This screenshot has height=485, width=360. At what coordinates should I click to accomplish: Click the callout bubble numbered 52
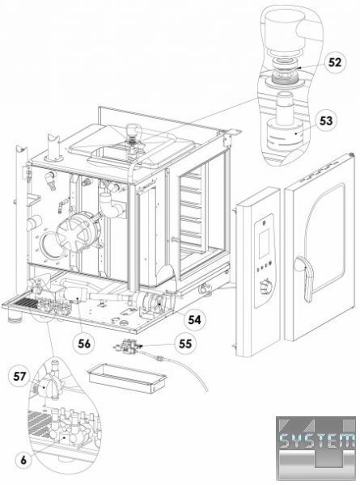tap(335, 62)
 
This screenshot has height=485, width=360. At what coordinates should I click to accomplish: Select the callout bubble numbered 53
tap(326, 120)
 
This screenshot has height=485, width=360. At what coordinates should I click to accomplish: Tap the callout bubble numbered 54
tap(194, 319)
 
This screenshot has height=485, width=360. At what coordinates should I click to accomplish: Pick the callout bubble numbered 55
tap(185, 344)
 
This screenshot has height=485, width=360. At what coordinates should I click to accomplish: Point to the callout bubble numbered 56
tap(83, 344)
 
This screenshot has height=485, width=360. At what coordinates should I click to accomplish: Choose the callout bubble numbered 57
tap(19, 377)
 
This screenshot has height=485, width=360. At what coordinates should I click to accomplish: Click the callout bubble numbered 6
tap(23, 460)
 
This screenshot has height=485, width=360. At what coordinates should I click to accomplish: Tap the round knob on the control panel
tap(265, 287)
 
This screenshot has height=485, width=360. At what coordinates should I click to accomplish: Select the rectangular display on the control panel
tap(264, 244)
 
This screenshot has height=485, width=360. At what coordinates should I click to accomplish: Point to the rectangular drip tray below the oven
tap(128, 378)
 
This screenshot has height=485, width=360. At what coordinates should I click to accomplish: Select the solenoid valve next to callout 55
tap(128, 345)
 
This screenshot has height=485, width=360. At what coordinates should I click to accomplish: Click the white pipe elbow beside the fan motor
tap(111, 205)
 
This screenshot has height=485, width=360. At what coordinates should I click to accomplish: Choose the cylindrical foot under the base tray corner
tap(15, 316)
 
